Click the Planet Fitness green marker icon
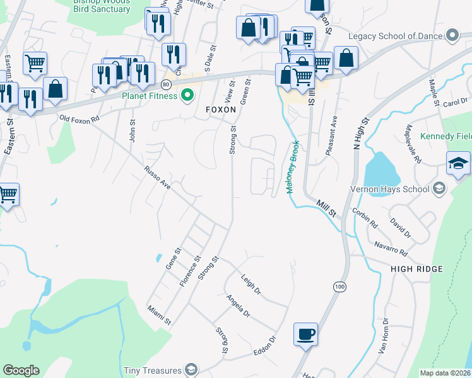point(187,96)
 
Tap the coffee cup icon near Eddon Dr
point(306,335)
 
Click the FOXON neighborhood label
point(221,110)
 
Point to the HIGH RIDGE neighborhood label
point(416,269)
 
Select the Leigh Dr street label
point(251,284)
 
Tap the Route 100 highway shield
point(340,287)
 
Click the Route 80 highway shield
point(166,84)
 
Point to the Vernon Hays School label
point(391,189)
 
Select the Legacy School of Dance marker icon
point(451,36)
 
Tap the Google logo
point(21,370)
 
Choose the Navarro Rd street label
point(391,248)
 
